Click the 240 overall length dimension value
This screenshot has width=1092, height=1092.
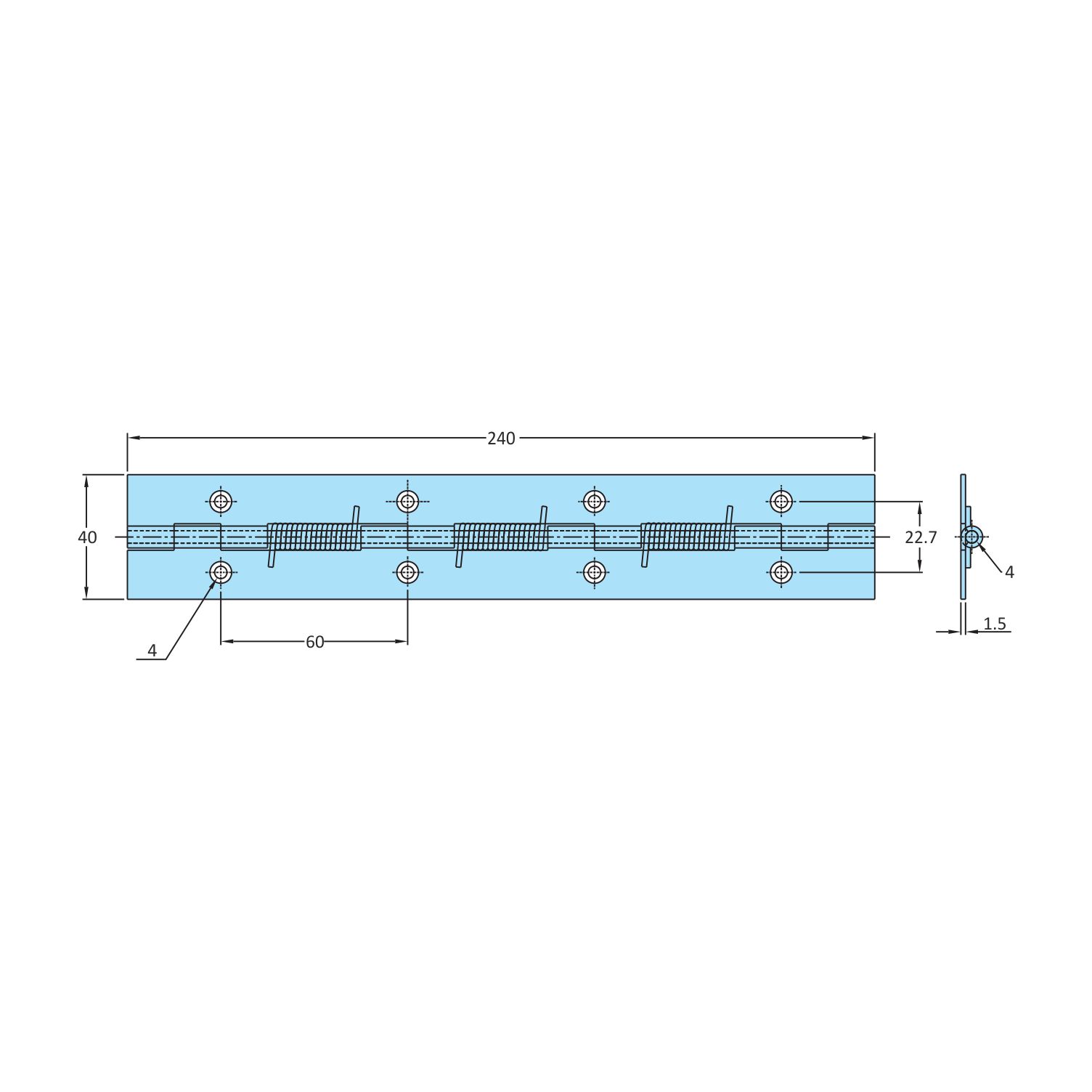(x=501, y=438)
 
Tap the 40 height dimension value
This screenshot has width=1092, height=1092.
(x=87, y=537)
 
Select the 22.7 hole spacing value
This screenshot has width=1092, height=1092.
(x=921, y=537)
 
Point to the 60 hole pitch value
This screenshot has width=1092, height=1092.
(x=314, y=642)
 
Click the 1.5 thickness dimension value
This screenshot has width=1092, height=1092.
(x=995, y=624)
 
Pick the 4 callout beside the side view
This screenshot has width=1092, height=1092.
(x=1009, y=572)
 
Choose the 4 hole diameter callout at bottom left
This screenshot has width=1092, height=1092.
(x=152, y=651)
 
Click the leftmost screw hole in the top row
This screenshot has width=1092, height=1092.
(x=221, y=501)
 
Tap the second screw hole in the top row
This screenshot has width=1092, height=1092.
(x=407, y=501)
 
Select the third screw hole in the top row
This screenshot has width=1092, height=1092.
(x=595, y=501)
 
